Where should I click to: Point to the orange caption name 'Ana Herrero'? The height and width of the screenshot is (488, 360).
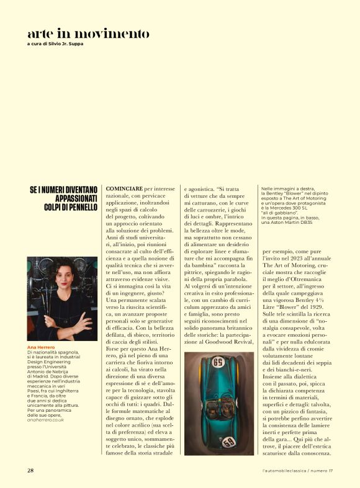40,347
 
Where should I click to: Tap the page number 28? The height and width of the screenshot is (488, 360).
30,471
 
